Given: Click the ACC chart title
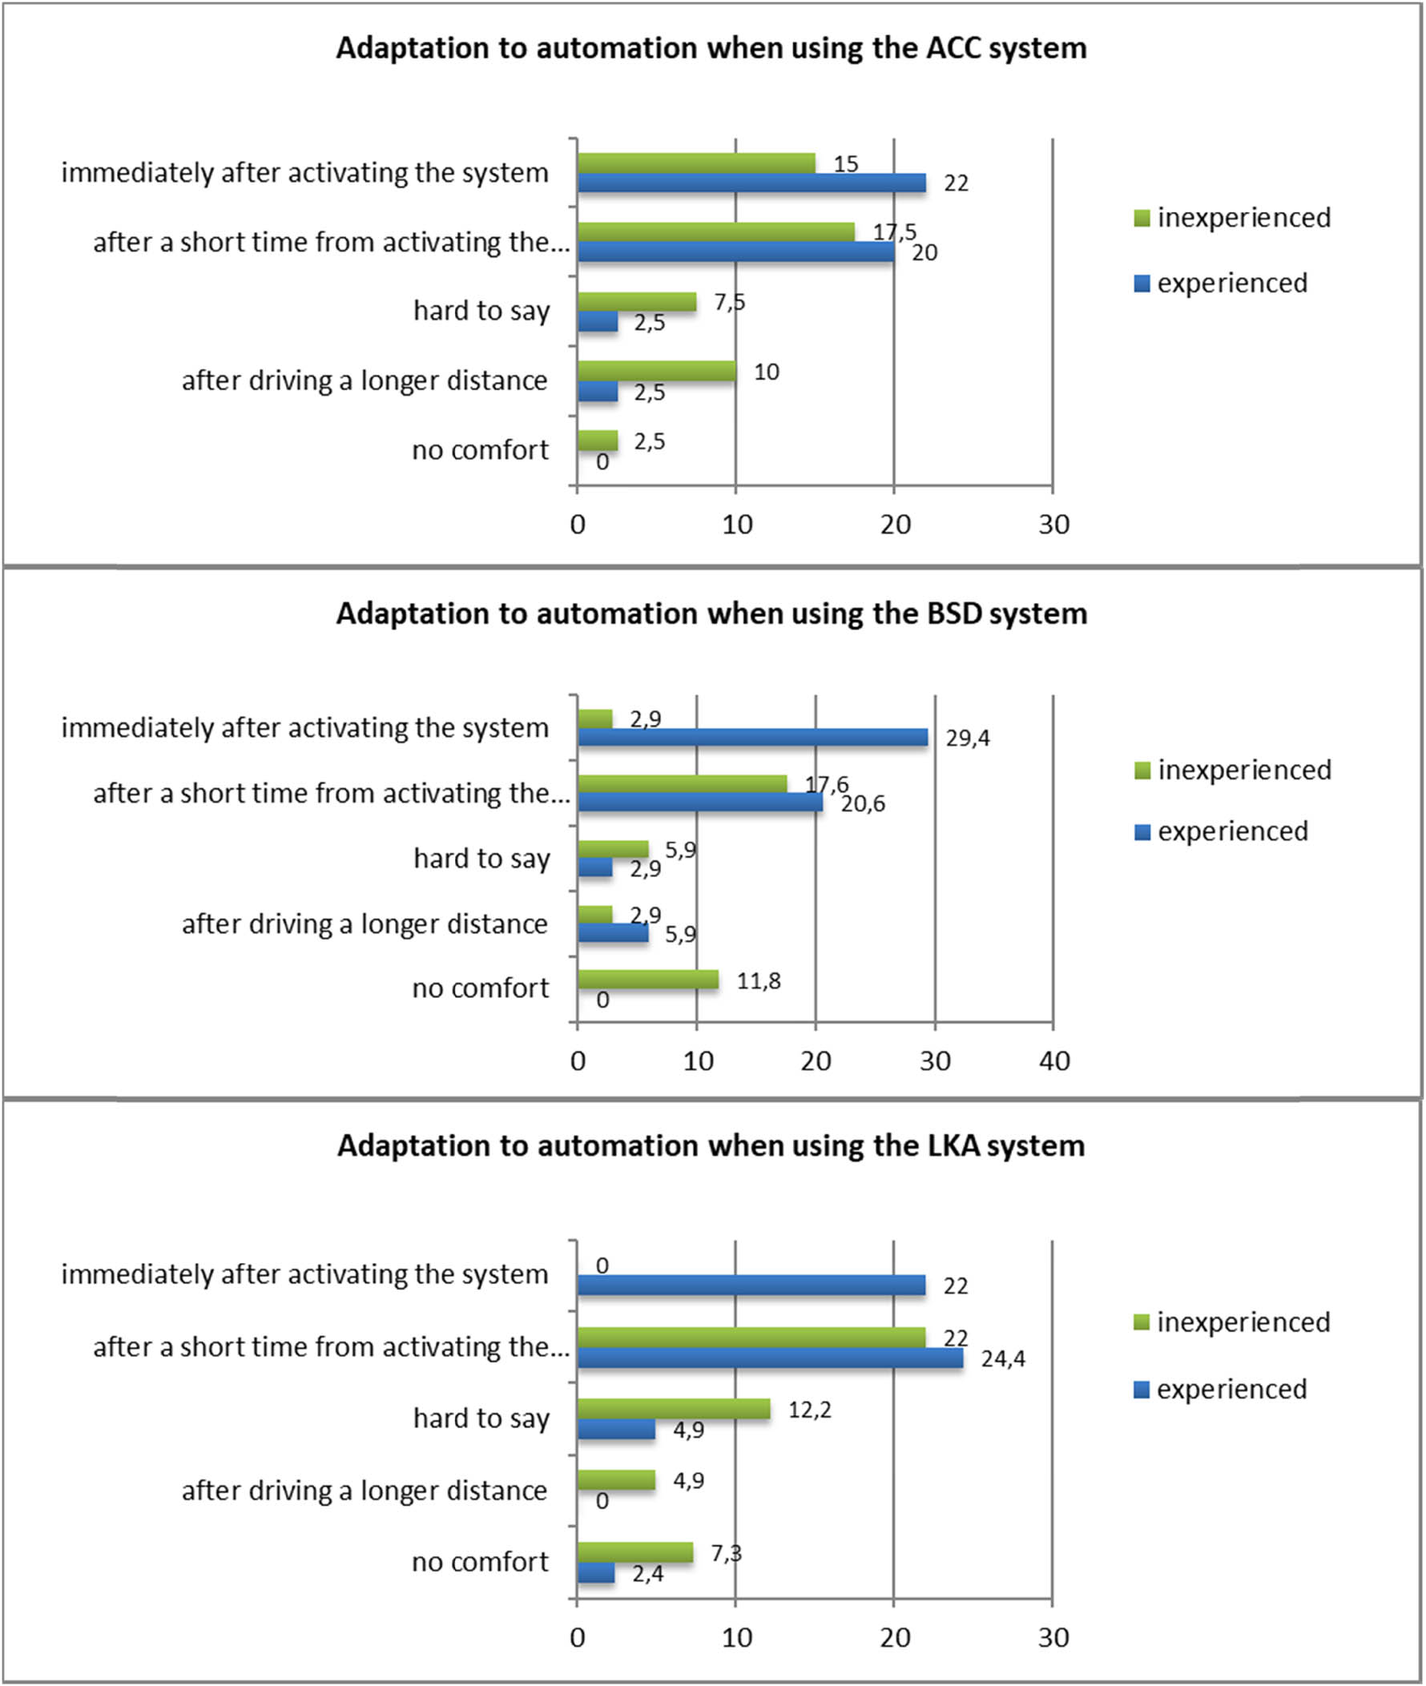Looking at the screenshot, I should (711, 49).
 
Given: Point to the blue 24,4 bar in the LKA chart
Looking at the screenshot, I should (770, 1358).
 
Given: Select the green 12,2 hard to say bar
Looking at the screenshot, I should (673, 1410).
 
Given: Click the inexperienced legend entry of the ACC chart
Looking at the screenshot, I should (1233, 217).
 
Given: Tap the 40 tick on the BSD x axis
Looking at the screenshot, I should (1053, 1061).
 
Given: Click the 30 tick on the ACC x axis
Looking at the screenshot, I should (1053, 525).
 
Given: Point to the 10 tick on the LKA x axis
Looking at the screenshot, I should (736, 1637).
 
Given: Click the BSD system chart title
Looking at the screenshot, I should (711, 614).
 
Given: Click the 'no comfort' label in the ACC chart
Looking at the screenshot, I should (480, 450).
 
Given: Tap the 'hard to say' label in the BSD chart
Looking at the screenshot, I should (481, 859).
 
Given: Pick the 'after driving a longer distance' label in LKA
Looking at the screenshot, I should (365, 1491).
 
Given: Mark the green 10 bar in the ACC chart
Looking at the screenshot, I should (656, 371).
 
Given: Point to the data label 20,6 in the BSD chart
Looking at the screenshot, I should (863, 804).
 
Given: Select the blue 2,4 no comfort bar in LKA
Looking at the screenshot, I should (596, 1573).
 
